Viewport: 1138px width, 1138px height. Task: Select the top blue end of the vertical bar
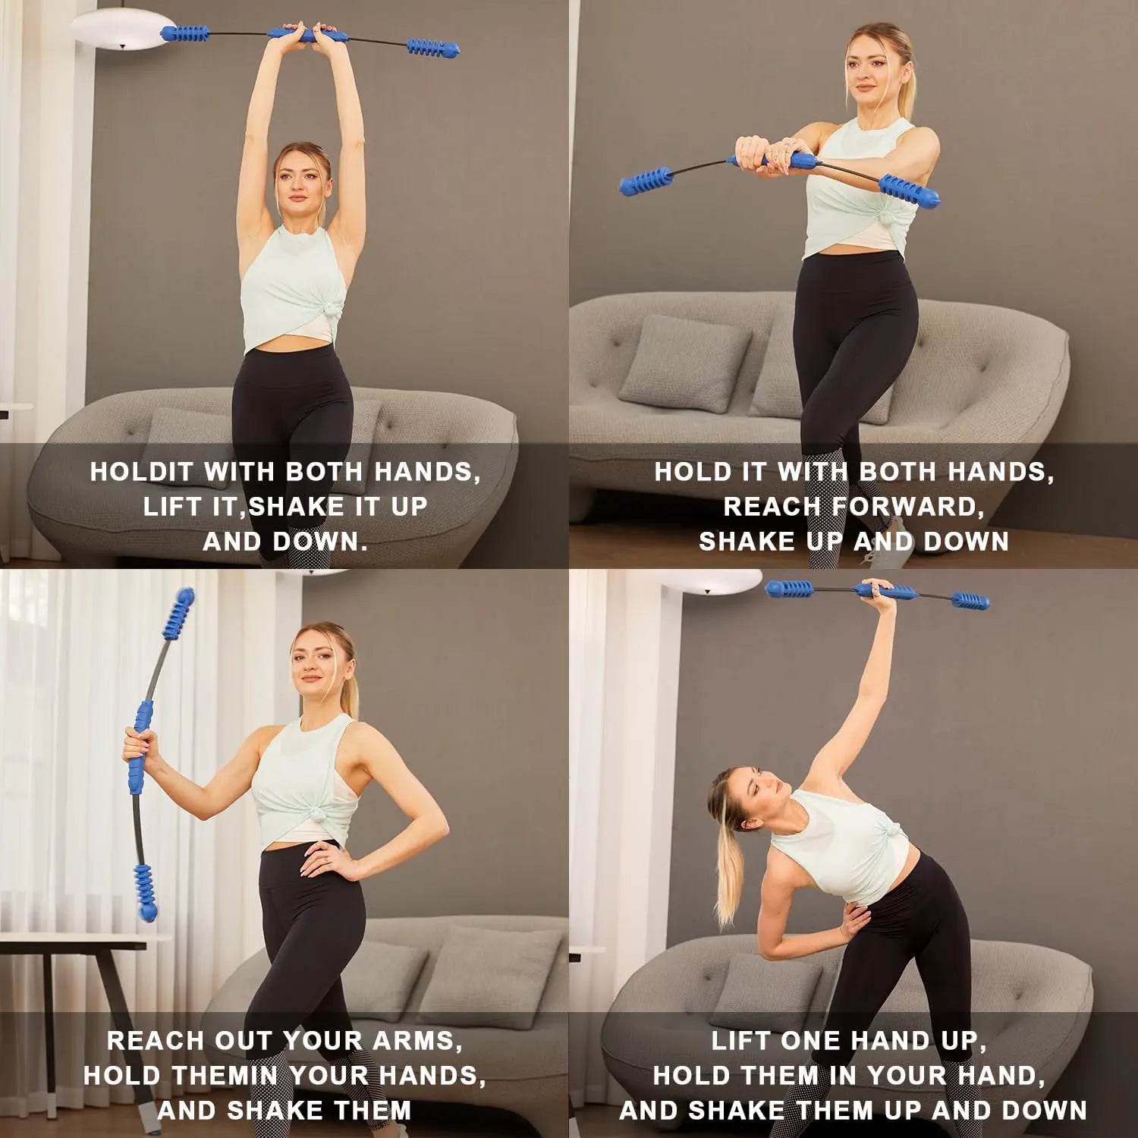[179, 610]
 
